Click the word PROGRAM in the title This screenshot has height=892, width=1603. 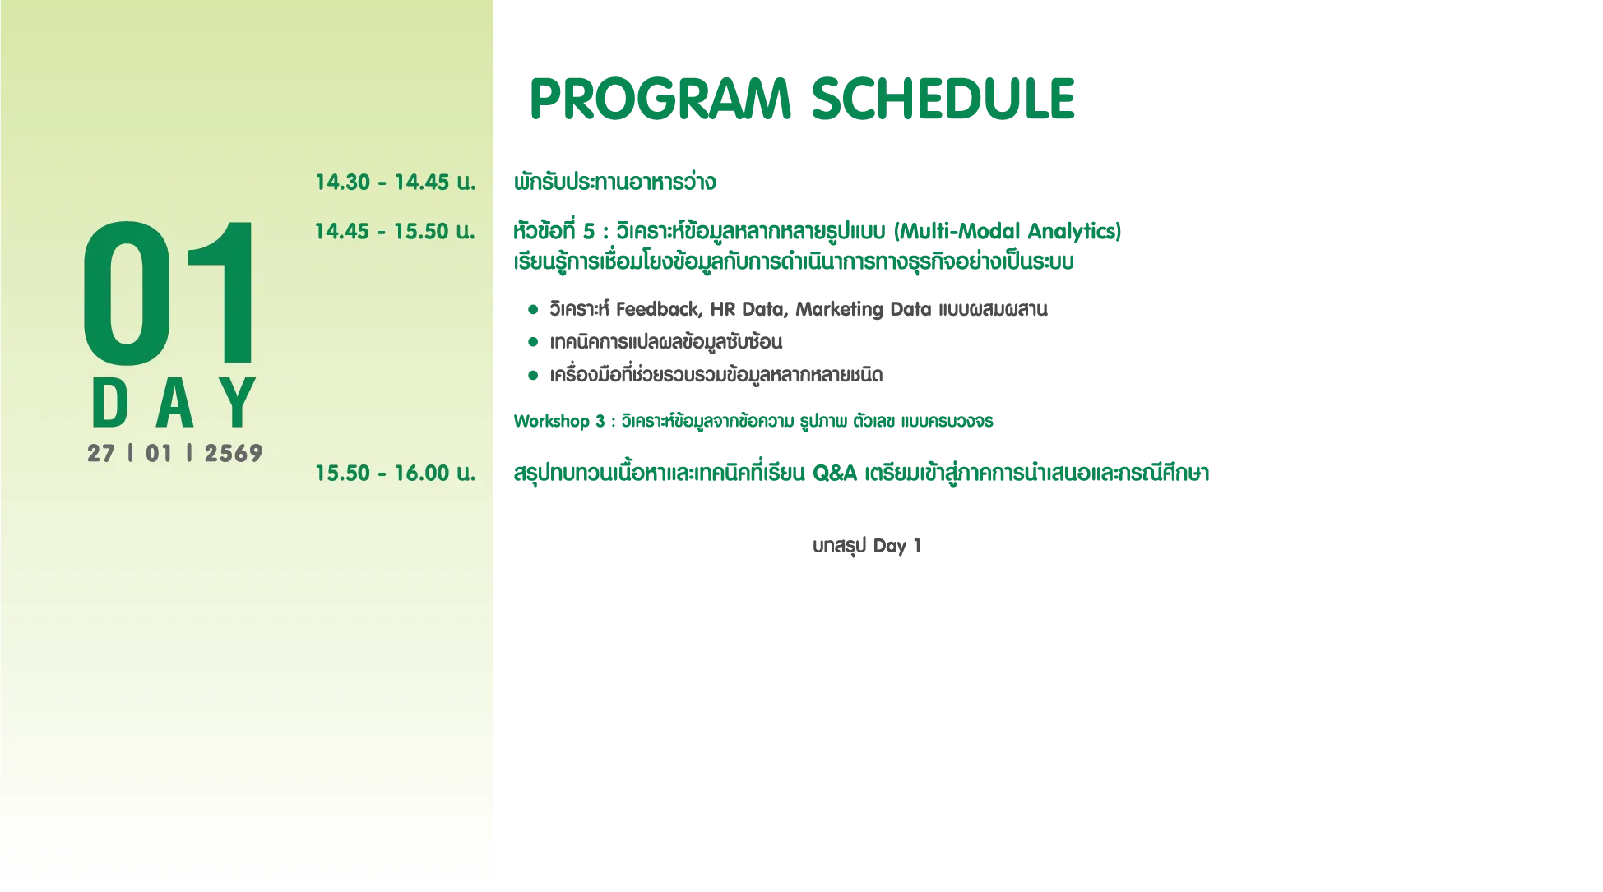tap(660, 99)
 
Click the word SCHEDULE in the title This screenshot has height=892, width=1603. tap(943, 99)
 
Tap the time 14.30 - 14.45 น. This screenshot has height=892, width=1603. tap(396, 183)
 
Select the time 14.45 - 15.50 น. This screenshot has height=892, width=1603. tap(395, 232)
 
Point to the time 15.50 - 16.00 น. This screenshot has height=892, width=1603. tap(396, 474)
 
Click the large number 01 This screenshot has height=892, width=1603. tap(169, 293)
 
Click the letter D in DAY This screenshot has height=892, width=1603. tap(110, 403)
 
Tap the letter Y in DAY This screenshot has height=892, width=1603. tap(241, 403)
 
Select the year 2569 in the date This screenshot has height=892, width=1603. tap(234, 454)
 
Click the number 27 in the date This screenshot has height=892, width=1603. tap(101, 454)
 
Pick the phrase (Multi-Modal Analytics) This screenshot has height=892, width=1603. tap(1008, 232)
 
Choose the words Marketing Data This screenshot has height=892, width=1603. tap(864, 310)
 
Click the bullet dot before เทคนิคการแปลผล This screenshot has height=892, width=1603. tap(533, 342)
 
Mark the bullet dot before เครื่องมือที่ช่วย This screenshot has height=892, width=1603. tap(533, 376)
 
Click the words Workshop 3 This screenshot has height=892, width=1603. tap(559, 422)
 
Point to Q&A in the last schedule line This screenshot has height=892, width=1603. tap(835, 474)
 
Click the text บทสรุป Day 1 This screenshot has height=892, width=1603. tap(867, 547)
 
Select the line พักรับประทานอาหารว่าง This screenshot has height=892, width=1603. tap(615, 183)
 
